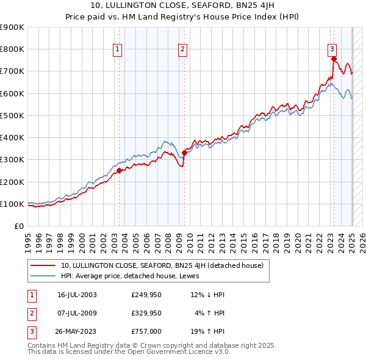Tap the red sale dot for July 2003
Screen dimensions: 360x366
pos(120,171)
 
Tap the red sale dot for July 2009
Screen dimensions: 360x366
pos(184,153)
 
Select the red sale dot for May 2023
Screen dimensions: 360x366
pos(334,59)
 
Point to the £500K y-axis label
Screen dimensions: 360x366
pos(12,115)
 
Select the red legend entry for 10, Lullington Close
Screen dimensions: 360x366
pos(162,265)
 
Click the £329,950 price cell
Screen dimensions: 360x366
pos(146,313)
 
